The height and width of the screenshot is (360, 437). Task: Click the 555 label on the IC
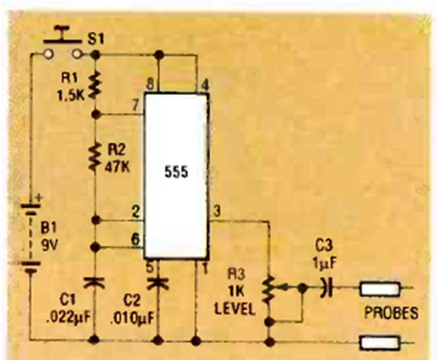(176, 172)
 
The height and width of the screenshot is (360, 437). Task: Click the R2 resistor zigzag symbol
(94, 156)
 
